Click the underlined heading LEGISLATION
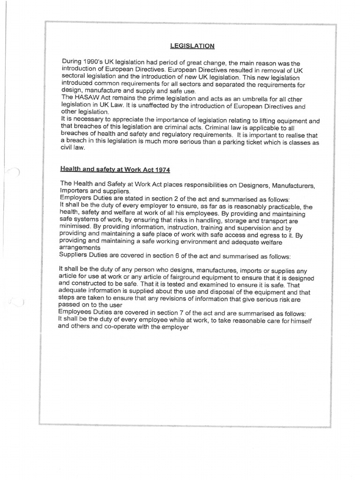tap(192, 45)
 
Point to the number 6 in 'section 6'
tap(166, 257)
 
